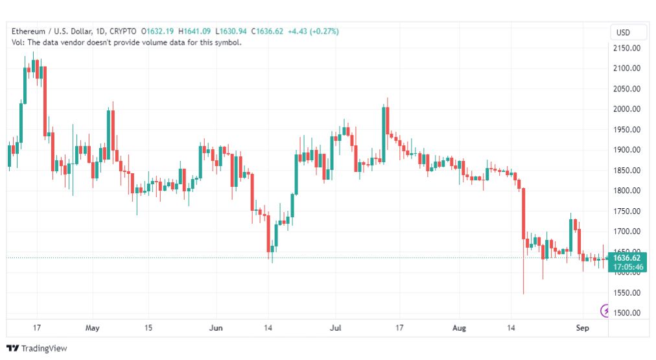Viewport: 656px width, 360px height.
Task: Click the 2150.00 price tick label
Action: (x=626, y=48)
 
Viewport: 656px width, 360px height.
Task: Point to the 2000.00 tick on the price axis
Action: (x=626, y=109)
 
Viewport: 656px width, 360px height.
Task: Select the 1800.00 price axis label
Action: (x=626, y=191)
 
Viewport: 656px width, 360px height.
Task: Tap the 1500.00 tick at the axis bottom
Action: (x=626, y=313)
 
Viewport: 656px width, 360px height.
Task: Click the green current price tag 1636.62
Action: (x=627, y=258)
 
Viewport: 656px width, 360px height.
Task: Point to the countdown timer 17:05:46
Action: (x=628, y=267)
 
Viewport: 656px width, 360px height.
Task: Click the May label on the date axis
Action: (x=93, y=328)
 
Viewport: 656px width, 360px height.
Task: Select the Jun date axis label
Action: (x=216, y=328)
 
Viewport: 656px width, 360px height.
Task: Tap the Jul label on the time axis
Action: (x=336, y=328)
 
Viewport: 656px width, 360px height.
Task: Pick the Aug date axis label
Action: (x=459, y=328)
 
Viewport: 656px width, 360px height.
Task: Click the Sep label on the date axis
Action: (x=582, y=328)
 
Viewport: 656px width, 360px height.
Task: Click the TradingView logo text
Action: (x=44, y=348)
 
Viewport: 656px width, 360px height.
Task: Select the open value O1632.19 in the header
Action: (x=158, y=31)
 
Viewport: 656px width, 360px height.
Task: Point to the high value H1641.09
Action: (x=194, y=31)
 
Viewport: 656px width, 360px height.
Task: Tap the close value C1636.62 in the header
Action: (x=267, y=31)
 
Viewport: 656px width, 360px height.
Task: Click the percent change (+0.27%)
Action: (x=324, y=31)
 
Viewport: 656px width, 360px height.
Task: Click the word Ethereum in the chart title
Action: (x=29, y=31)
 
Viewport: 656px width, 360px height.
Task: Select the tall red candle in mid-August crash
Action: (x=523, y=214)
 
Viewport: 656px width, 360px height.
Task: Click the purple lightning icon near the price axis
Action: (x=605, y=310)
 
